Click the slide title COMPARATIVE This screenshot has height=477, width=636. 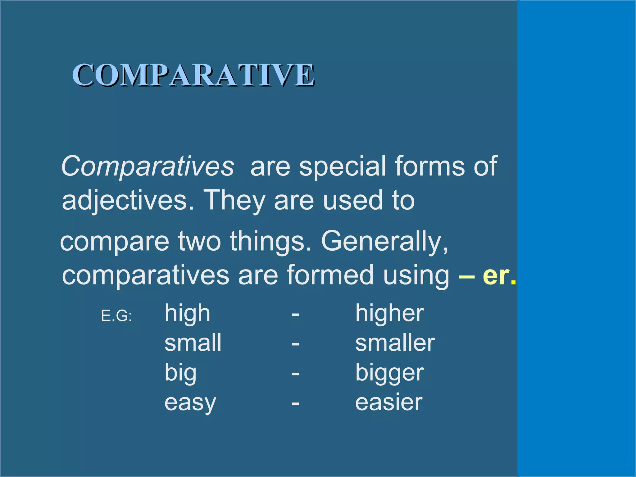193,75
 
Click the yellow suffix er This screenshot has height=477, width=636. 496,275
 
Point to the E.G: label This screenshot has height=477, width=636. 116,316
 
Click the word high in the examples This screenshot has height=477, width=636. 187,313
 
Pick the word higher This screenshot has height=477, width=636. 389,313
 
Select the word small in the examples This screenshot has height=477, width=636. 193,343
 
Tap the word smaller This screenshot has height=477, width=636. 395,343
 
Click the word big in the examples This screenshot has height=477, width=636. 180,373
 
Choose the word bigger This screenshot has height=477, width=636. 389,373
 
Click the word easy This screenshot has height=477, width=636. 190,403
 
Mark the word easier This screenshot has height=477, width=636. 389,402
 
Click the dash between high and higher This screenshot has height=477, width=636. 295,315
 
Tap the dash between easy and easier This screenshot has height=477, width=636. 295,403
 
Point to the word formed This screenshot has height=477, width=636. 330,275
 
